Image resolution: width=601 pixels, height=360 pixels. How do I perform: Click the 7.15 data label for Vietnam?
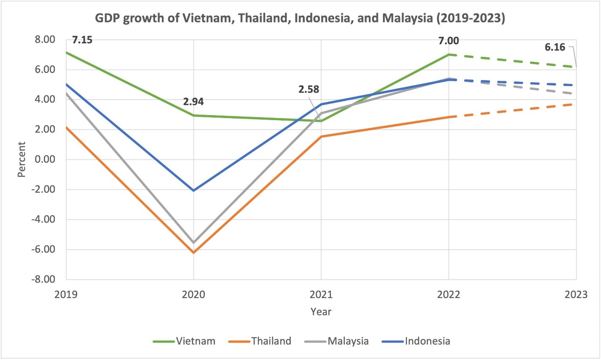click(x=82, y=40)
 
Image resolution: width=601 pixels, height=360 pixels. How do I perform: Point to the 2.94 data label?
click(x=193, y=102)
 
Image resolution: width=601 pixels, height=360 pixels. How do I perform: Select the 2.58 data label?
click(x=309, y=89)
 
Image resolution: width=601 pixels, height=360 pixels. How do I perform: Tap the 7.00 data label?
click(x=448, y=41)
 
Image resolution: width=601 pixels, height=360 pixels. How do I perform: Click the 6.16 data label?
click(x=555, y=47)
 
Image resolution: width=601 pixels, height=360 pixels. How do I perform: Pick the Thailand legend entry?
click(x=271, y=341)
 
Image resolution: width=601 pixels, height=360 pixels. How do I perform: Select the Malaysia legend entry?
click(x=348, y=341)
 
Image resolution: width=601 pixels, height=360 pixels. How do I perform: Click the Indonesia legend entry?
click(x=427, y=341)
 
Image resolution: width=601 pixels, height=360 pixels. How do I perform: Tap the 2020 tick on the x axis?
click(x=193, y=294)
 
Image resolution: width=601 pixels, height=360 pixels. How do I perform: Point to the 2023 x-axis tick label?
click(x=576, y=294)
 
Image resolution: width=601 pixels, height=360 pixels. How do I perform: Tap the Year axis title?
click(x=321, y=312)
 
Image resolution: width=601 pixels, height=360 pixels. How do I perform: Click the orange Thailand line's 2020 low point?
click(x=193, y=253)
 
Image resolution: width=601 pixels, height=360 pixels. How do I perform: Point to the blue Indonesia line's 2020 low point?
click(x=193, y=191)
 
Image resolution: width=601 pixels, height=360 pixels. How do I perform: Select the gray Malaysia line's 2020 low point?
click(x=193, y=242)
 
